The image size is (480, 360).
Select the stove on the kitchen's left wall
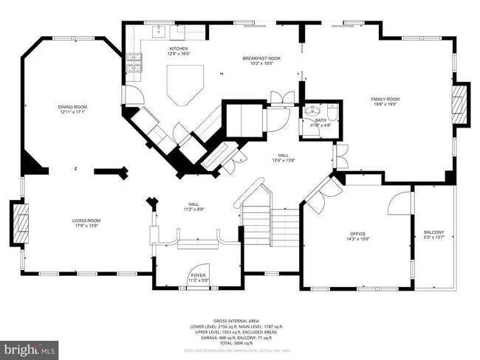pyautogui.click(x=135, y=66)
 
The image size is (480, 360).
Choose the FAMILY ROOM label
pyautogui.click(x=384, y=99)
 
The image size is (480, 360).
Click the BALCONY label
pyautogui.click(x=434, y=232)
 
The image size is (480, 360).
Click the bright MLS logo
pyautogui.click(x=30, y=347)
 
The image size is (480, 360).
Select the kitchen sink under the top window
pyautogui.click(x=158, y=32)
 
